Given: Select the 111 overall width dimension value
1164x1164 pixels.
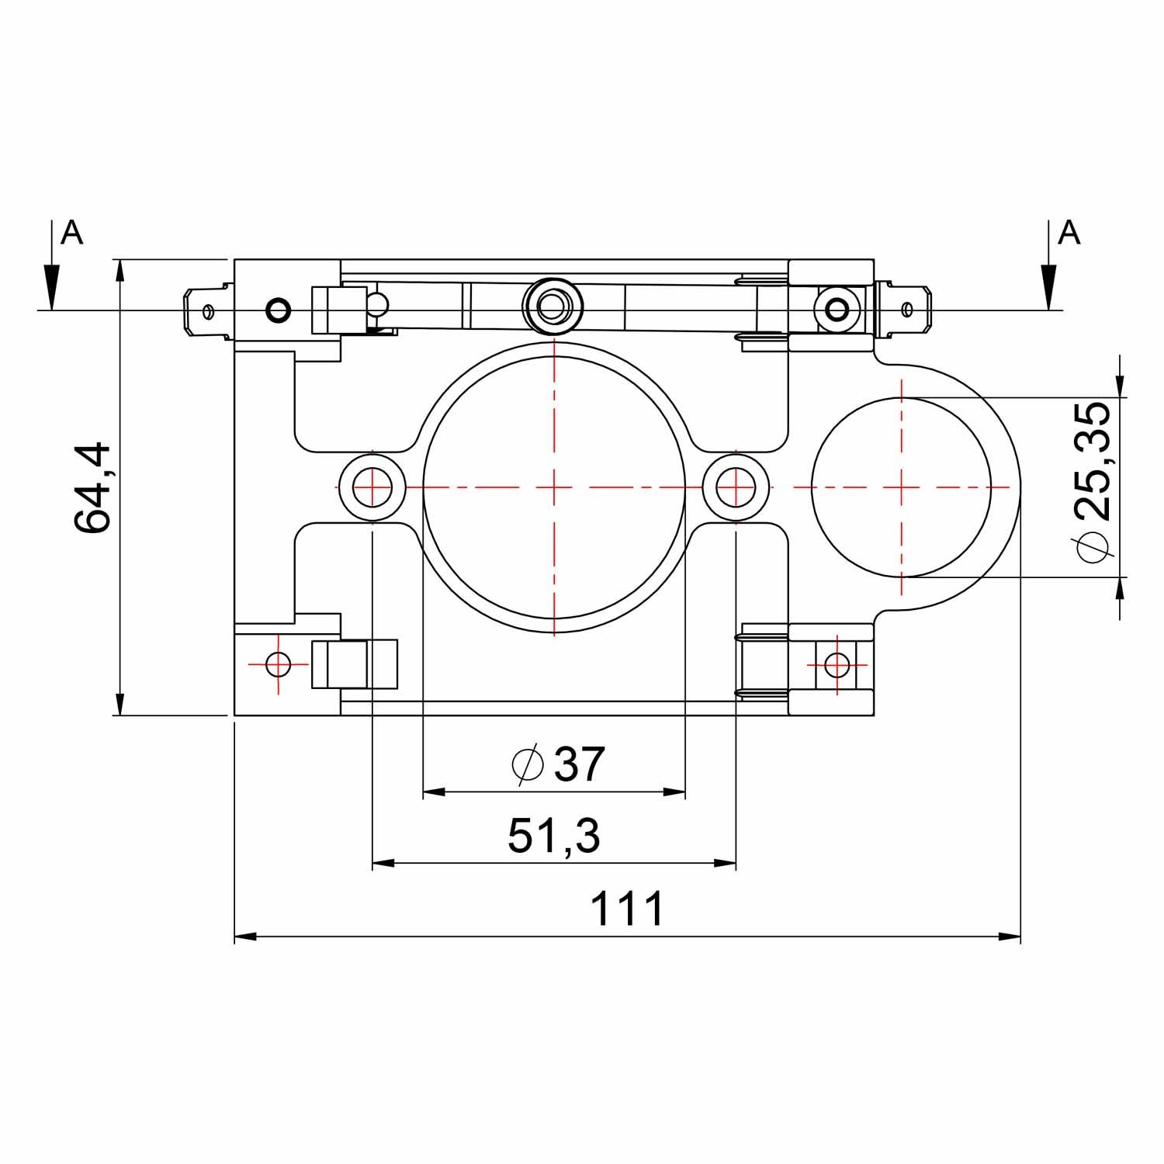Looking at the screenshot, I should (627, 909).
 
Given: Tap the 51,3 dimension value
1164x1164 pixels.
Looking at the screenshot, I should (554, 837).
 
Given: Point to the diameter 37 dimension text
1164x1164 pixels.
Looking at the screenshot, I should (559, 764).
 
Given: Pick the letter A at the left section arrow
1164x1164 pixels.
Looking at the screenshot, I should (72, 231).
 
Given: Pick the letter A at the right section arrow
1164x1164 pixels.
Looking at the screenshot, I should (1069, 231).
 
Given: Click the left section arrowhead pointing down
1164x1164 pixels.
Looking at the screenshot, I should (51, 287).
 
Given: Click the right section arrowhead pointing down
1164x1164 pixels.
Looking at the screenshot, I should (1049, 287).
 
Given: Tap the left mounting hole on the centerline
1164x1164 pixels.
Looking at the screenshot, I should (372, 487).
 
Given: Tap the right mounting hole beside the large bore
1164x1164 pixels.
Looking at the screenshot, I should (736, 487).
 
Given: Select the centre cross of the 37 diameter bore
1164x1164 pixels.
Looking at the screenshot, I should (554, 487).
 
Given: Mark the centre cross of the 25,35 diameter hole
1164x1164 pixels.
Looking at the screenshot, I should (902, 487).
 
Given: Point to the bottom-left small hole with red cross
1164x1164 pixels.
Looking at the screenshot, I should (278, 664).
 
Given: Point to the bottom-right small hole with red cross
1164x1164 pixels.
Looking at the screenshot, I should (837, 664).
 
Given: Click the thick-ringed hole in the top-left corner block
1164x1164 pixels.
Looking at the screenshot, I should (278, 311).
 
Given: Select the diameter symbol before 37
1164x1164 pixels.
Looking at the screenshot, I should (527, 765).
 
